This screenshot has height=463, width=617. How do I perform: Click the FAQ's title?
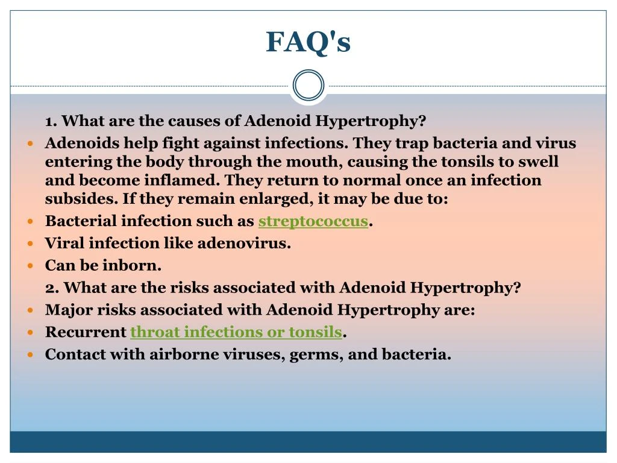pos(308,42)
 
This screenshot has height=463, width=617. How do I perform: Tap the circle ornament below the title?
pos(308,85)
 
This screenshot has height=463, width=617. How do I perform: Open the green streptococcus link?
pos(313,221)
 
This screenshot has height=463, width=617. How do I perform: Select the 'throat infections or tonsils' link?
pos(236,332)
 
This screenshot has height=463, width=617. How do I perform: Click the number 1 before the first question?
pos(50,121)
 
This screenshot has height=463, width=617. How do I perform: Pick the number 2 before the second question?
pos(51,288)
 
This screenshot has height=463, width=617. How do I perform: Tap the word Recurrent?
pos(86,332)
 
